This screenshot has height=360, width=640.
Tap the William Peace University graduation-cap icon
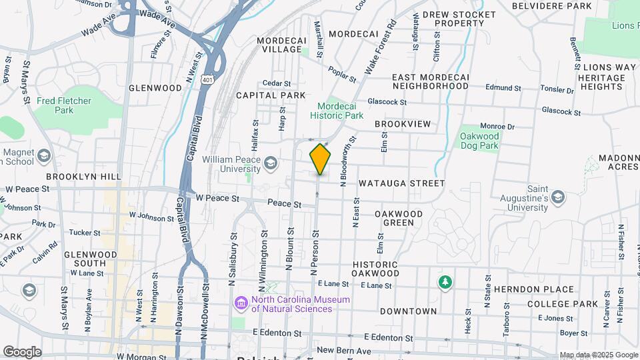coord(270,162)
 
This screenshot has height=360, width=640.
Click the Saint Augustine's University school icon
coord(557,197)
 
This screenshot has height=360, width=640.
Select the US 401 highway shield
coord(209,80)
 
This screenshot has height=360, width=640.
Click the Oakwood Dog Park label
coord(479,141)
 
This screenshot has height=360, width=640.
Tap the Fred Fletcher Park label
coord(64,105)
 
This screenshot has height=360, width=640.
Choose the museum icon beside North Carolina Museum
coord(240,304)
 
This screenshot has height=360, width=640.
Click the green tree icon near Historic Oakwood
coord(445,283)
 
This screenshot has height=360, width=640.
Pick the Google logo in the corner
coord(22,351)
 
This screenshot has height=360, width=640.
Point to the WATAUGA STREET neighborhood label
coord(401,183)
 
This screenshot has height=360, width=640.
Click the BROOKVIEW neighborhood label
coord(403,124)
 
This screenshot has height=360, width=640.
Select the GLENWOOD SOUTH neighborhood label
coord(91,259)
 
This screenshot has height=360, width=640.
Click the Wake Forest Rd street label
coord(381,47)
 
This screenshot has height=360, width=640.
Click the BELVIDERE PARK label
coord(552,6)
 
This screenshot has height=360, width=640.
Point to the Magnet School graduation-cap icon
coord(45,156)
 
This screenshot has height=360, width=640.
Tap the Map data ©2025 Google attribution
coord(599,355)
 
